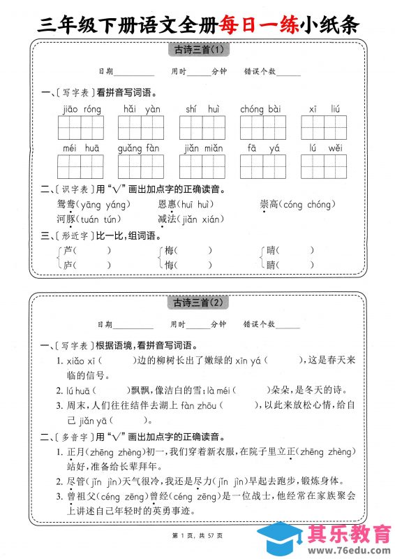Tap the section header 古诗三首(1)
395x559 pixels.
point(197,50)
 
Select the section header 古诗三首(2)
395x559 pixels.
point(197,303)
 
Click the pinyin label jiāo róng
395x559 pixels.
point(82,109)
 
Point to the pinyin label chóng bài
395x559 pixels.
point(260,109)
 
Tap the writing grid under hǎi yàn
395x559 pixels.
point(142,128)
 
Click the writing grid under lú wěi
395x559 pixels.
point(325,167)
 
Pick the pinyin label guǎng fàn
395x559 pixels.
point(139,148)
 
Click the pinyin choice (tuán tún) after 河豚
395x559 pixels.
point(105,219)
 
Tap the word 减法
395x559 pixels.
point(167,219)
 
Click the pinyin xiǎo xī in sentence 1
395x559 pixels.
point(82,360)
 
